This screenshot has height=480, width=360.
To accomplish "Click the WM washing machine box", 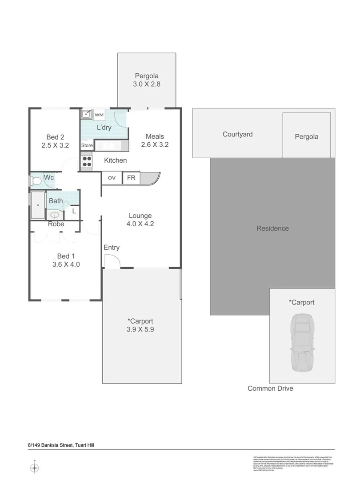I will (99, 115).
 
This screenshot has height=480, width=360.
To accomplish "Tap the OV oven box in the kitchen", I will (112, 178).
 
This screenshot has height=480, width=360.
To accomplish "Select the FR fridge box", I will (131, 178).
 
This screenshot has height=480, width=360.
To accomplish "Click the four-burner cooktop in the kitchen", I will (86, 162).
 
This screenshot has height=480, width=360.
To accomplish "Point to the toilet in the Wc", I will (35, 180).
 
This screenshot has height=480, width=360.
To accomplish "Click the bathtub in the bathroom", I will (38, 205).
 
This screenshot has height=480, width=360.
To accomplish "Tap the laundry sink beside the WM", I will (86, 115).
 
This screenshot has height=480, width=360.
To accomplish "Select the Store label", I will (87, 145).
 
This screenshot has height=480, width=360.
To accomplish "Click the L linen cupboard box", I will (74, 212).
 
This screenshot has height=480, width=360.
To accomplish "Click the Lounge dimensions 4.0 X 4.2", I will (140, 224).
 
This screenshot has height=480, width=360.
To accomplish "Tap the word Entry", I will (112, 248).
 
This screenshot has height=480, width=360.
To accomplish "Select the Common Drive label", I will (270, 388).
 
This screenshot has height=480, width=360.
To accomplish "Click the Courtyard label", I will (237, 134).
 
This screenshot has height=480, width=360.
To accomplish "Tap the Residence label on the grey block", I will (272, 228).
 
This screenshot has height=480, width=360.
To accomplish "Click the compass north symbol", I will (35, 468).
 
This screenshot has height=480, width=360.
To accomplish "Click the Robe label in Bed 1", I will (56, 224).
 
